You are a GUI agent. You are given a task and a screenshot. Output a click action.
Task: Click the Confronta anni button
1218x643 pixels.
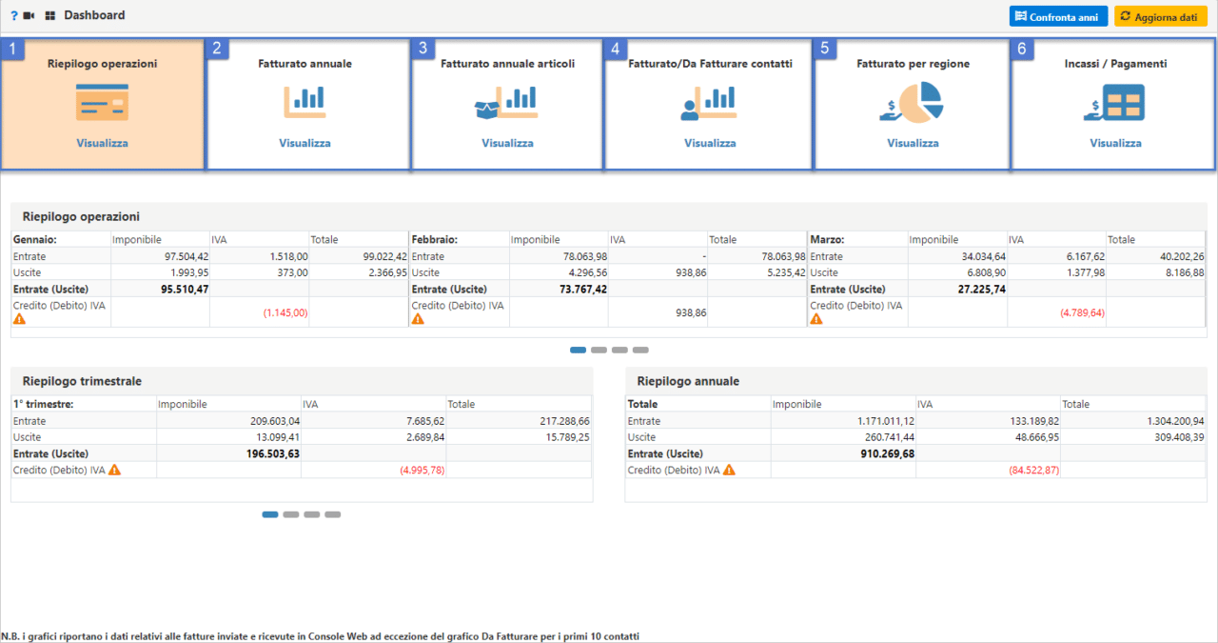click(x=1058, y=16)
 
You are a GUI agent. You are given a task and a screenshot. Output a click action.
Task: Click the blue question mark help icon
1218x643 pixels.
click(x=13, y=16)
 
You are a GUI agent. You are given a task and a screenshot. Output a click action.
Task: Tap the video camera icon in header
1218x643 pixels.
click(x=29, y=16)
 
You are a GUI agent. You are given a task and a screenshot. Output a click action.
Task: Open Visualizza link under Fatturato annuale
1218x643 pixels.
click(x=304, y=143)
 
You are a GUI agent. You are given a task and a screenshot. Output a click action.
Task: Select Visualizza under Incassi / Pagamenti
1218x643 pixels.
click(x=1115, y=143)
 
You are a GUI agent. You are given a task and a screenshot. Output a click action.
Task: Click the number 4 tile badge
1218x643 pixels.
click(x=616, y=50)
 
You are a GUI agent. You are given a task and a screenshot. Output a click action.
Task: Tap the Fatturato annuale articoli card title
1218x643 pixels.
click(x=507, y=64)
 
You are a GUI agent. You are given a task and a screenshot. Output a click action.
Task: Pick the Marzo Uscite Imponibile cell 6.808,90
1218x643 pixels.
click(x=982, y=273)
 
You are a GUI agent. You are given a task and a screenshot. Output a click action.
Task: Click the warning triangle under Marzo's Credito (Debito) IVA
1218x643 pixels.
click(x=815, y=320)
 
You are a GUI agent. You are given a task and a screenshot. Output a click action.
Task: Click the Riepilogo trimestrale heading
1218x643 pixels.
click(x=82, y=381)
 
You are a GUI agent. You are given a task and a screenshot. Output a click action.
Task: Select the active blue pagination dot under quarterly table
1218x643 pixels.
click(x=270, y=514)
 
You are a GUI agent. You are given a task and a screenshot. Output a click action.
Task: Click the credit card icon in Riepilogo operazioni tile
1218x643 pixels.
click(x=102, y=103)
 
